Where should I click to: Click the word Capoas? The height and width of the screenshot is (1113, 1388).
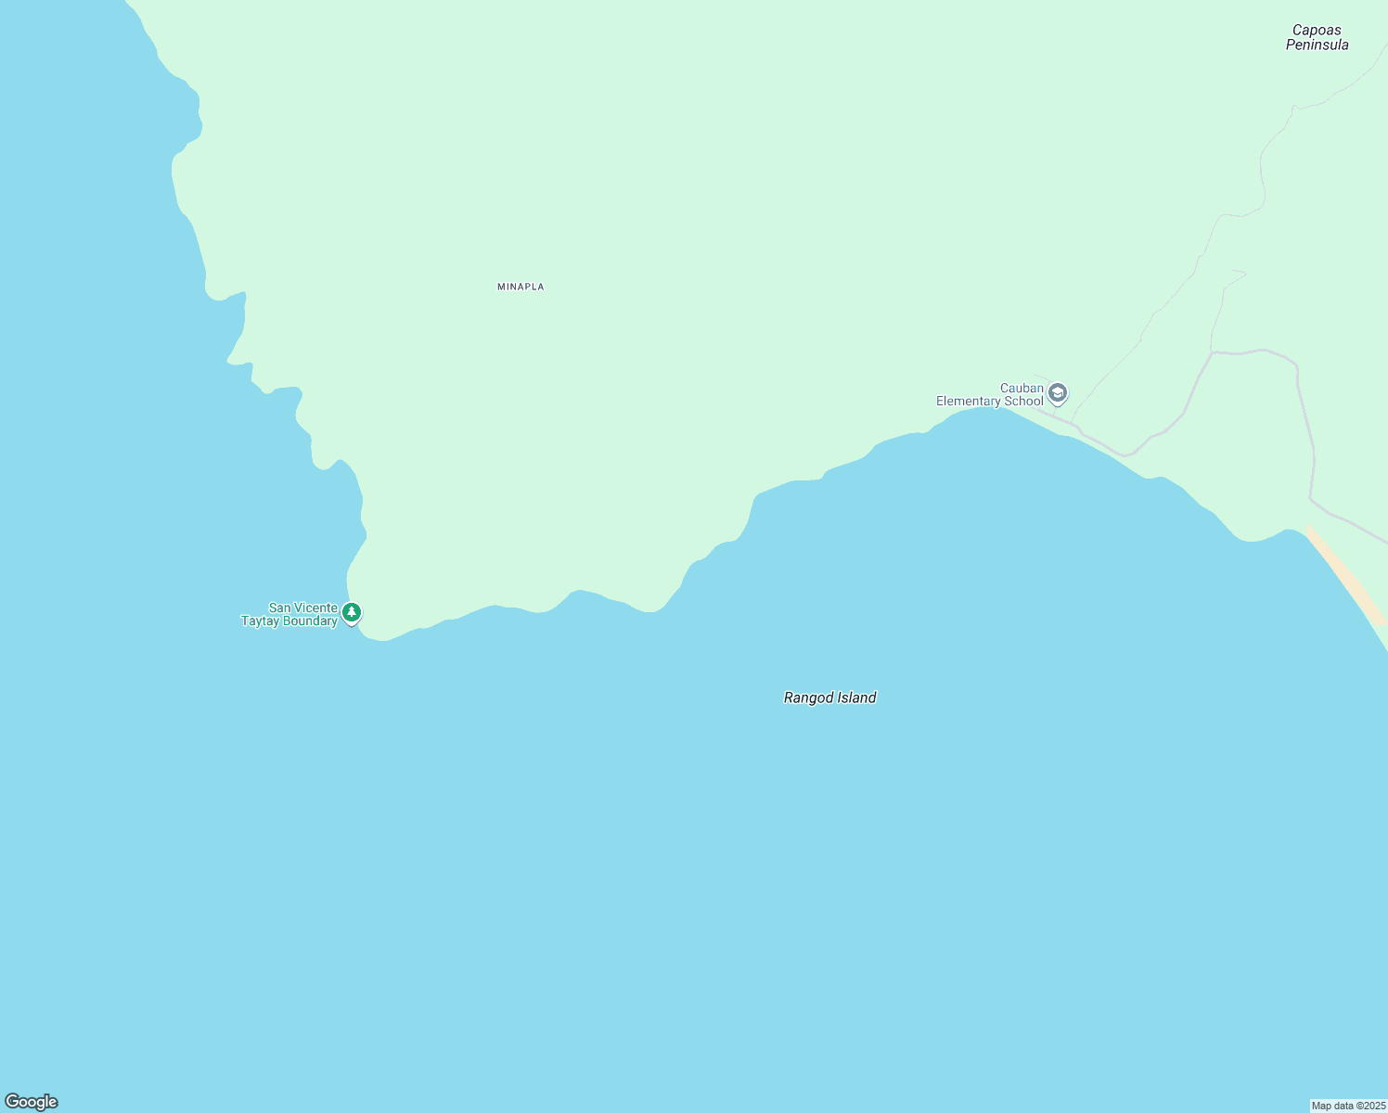(x=1316, y=31)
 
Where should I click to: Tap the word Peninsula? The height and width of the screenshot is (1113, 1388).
(x=1317, y=45)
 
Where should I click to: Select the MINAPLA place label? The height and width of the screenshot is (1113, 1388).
(x=520, y=288)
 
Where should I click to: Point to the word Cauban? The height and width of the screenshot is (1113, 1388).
(x=1022, y=389)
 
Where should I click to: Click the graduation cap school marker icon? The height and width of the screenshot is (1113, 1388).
(x=1058, y=394)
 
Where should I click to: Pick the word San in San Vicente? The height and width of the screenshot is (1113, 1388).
(x=280, y=608)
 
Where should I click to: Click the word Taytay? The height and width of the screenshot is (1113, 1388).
(x=260, y=621)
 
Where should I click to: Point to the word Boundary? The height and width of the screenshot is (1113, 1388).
(x=310, y=621)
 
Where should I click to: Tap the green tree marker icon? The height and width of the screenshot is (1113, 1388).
(x=352, y=612)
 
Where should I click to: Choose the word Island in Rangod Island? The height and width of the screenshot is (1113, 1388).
(x=857, y=698)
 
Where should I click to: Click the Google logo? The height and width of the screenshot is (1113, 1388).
(x=31, y=1102)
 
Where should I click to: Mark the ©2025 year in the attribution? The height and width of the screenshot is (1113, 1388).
(x=1372, y=1106)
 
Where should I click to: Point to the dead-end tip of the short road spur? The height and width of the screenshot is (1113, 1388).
(x=1244, y=274)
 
